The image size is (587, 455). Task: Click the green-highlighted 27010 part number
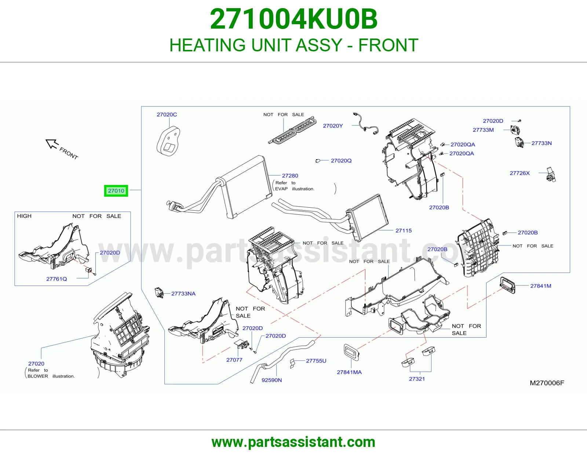point(116,191)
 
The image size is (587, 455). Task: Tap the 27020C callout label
point(167,114)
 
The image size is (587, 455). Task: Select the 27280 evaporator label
point(290,176)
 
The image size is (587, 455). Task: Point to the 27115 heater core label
point(404,230)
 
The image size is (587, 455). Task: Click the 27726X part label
point(519,173)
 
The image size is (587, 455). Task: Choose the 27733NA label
point(183,294)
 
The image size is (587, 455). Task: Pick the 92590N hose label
point(271,380)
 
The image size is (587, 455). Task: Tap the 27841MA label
point(349,372)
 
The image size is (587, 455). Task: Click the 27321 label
point(417,379)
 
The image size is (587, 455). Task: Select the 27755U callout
point(316,361)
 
